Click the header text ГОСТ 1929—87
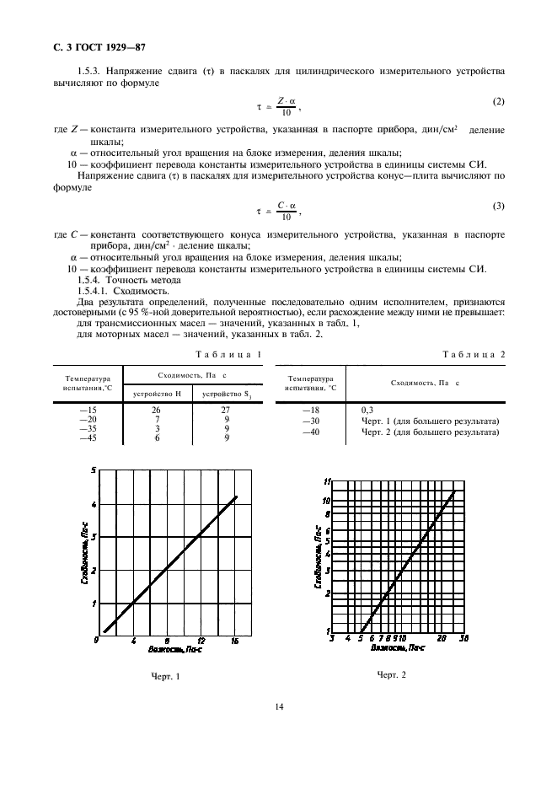78,46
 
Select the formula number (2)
498,102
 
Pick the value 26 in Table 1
155,409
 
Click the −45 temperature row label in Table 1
88,438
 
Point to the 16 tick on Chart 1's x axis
235,641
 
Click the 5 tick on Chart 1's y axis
94,470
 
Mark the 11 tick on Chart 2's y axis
328,481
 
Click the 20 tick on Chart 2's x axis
442,639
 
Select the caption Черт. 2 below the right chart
392,674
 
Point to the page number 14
279,706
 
